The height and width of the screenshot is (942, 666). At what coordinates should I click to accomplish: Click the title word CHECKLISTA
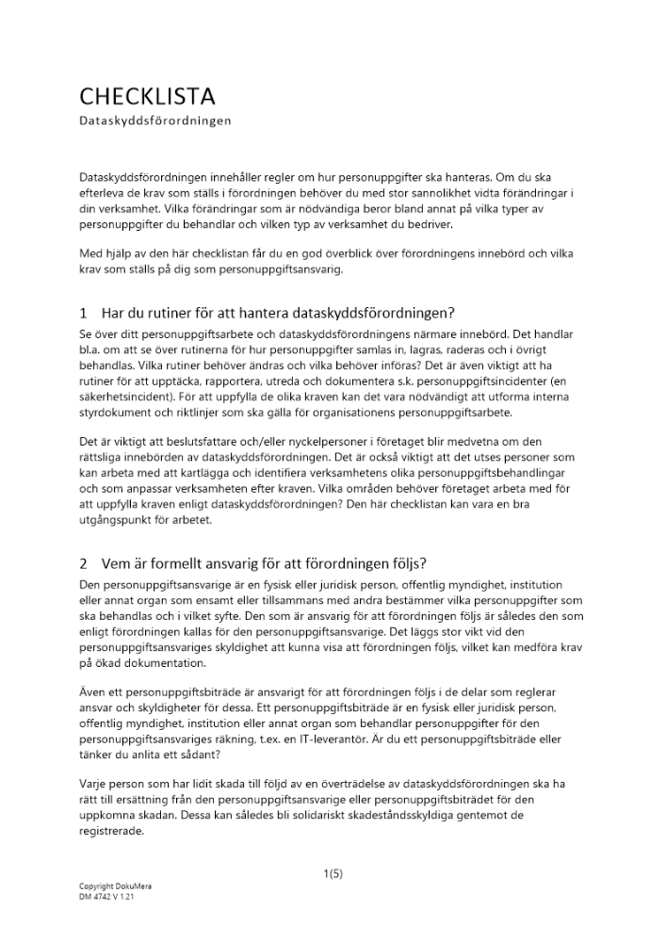pyautogui.click(x=147, y=96)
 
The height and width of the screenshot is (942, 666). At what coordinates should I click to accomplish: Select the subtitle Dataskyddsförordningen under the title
pyautogui.click(x=155, y=121)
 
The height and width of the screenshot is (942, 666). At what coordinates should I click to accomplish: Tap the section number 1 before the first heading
pyautogui.click(x=83, y=313)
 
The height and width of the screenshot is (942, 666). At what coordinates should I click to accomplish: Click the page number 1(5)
pyautogui.click(x=333, y=873)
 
